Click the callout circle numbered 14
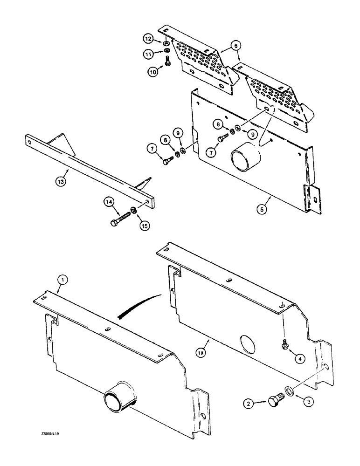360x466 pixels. [110, 202]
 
